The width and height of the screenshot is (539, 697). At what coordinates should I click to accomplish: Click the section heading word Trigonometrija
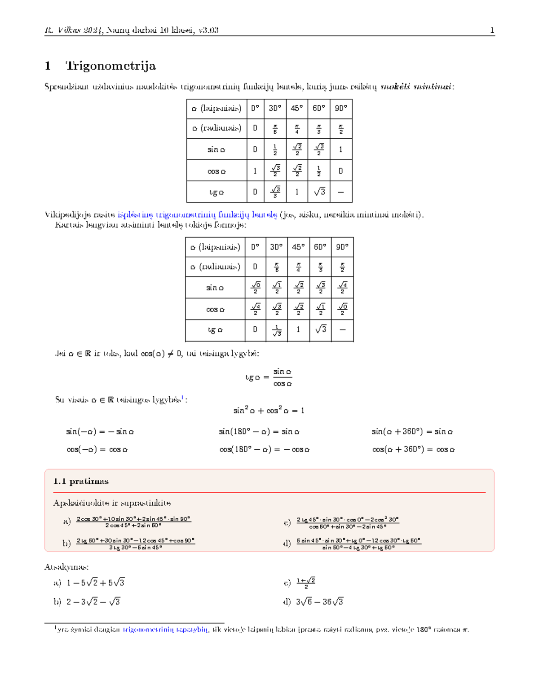pyautogui.click(x=110, y=66)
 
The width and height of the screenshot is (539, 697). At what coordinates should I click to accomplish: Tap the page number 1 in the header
pyautogui.click(x=492, y=31)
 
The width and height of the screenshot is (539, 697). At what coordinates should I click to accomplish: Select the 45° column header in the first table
pyautogui.click(x=296, y=108)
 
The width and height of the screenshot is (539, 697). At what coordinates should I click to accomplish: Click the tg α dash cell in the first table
pyautogui.click(x=340, y=192)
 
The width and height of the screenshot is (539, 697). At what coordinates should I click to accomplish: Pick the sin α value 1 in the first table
pyautogui.click(x=340, y=149)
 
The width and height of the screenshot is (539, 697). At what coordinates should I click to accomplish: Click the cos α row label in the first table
pyautogui.click(x=216, y=171)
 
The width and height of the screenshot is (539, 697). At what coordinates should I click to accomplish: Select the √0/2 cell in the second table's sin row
pyautogui.click(x=255, y=287)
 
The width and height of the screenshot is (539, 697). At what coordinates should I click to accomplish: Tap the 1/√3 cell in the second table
pyautogui.click(x=277, y=331)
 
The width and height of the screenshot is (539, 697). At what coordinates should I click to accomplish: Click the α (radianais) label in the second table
pyautogui.click(x=215, y=267)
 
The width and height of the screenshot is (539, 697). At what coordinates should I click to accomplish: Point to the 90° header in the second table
pyautogui.click(x=342, y=247)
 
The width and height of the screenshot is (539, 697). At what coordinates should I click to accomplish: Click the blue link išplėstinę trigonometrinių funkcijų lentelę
pyautogui.click(x=197, y=215)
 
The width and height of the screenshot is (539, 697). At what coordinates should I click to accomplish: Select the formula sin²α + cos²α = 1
pyautogui.click(x=269, y=410)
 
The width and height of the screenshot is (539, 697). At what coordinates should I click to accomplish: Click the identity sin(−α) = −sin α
pyautogui.click(x=100, y=432)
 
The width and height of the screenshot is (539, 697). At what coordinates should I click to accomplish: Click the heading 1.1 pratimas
pyautogui.click(x=81, y=481)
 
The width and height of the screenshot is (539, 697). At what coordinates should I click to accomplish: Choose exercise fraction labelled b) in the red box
pyautogui.click(x=135, y=544)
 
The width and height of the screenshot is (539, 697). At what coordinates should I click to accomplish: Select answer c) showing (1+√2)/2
pyautogui.click(x=305, y=583)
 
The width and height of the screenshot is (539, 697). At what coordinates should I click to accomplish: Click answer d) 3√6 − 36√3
pyautogui.click(x=319, y=602)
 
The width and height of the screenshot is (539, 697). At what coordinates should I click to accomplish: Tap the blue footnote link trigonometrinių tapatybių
pyautogui.click(x=166, y=630)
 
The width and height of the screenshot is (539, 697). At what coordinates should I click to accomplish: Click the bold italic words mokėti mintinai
pyautogui.click(x=415, y=87)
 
